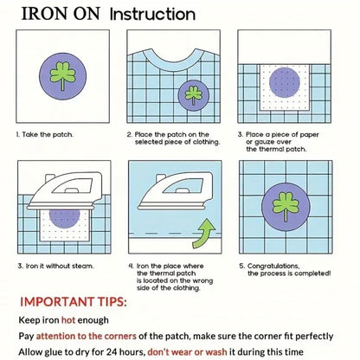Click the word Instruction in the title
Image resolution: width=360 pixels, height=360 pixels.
click(153, 14)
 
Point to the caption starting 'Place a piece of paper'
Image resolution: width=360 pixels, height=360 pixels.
click(284, 139)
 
